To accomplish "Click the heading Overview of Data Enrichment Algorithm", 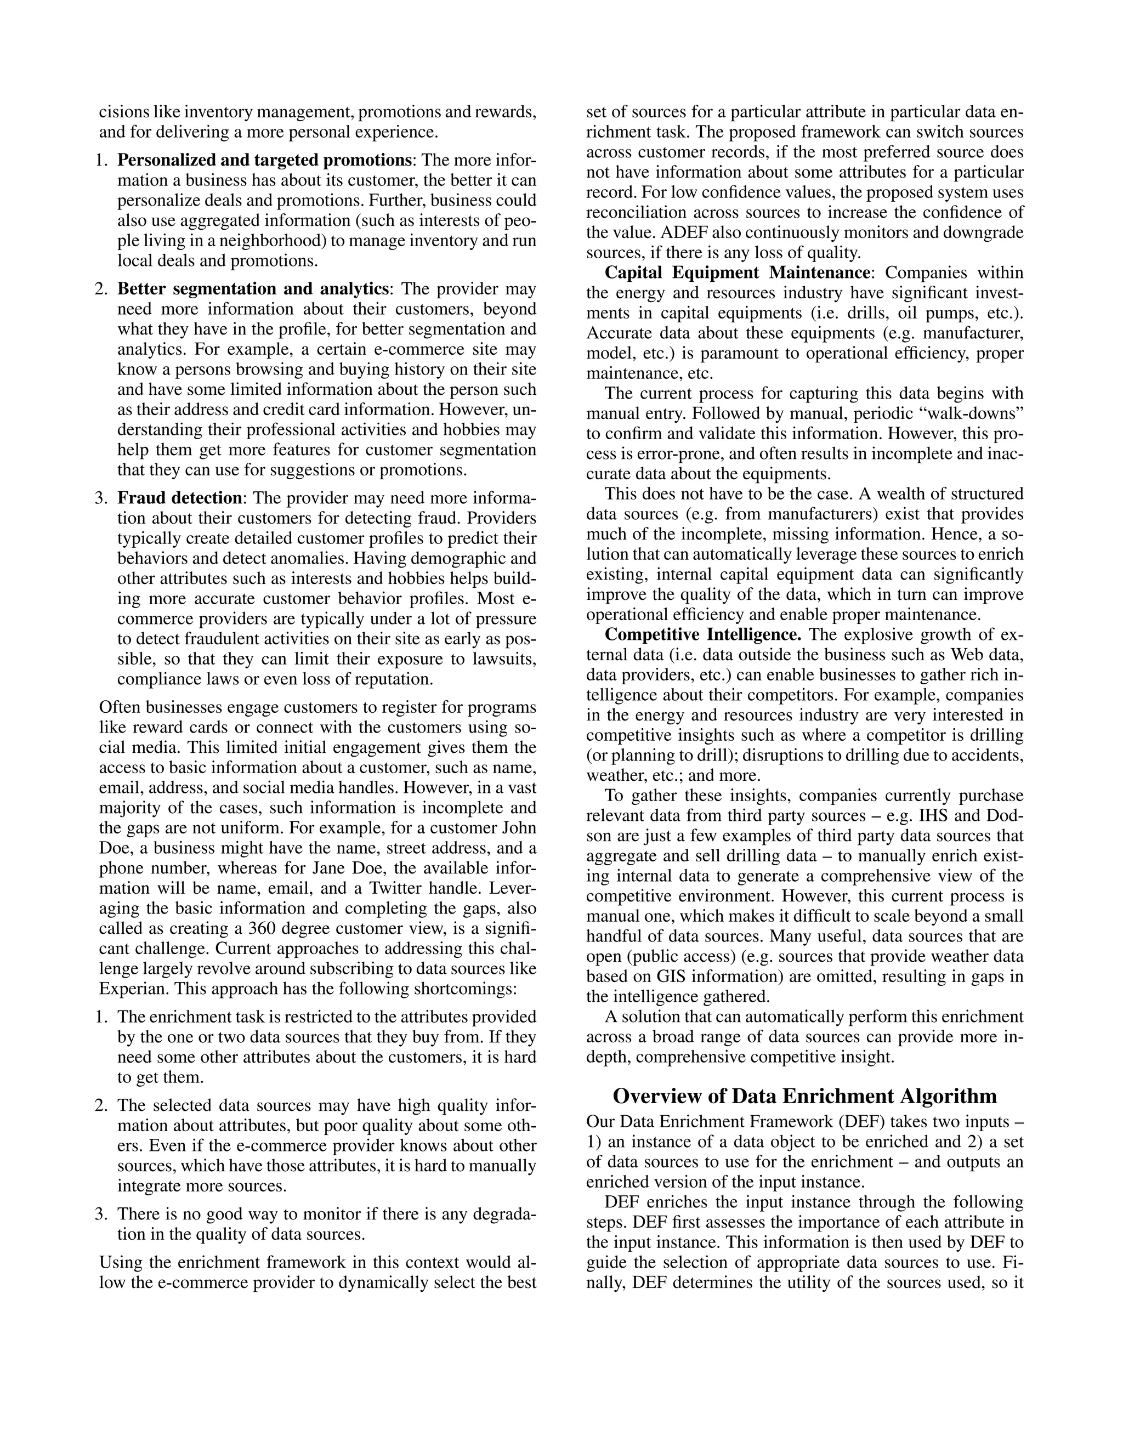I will [804, 1096].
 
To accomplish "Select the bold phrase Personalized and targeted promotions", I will [263, 160].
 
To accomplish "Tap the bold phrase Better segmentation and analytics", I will [253, 289].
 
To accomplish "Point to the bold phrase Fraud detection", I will [180, 498].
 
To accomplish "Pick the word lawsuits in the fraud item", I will [504, 659].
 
